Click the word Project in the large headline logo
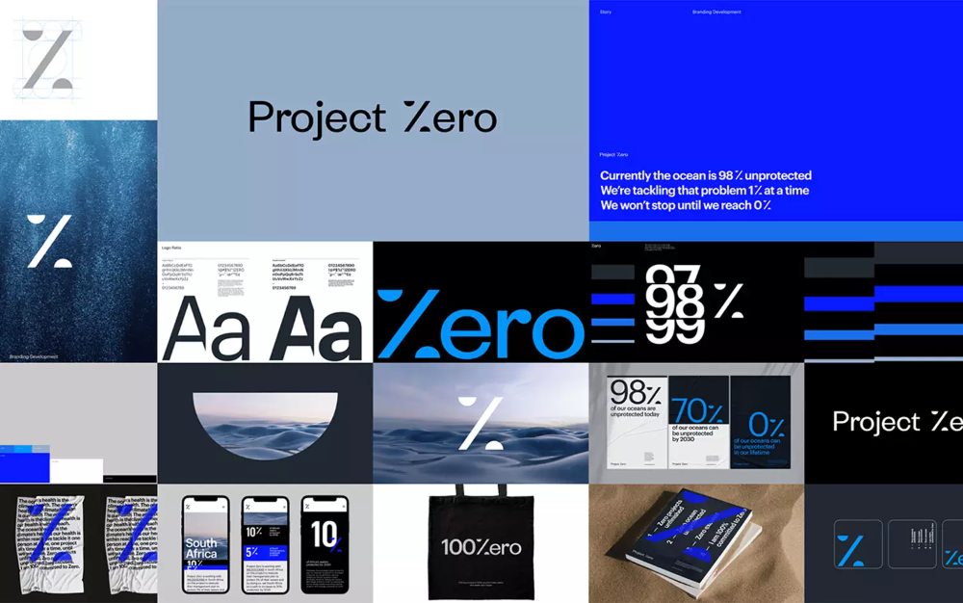coord(317,118)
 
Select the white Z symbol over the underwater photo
coord(49,242)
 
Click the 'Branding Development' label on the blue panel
coord(716,13)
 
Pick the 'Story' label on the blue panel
coord(606,13)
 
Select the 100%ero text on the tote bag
coord(481,547)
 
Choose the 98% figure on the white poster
coord(635,393)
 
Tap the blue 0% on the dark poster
coord(766,425)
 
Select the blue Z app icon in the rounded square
coord(851,548)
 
